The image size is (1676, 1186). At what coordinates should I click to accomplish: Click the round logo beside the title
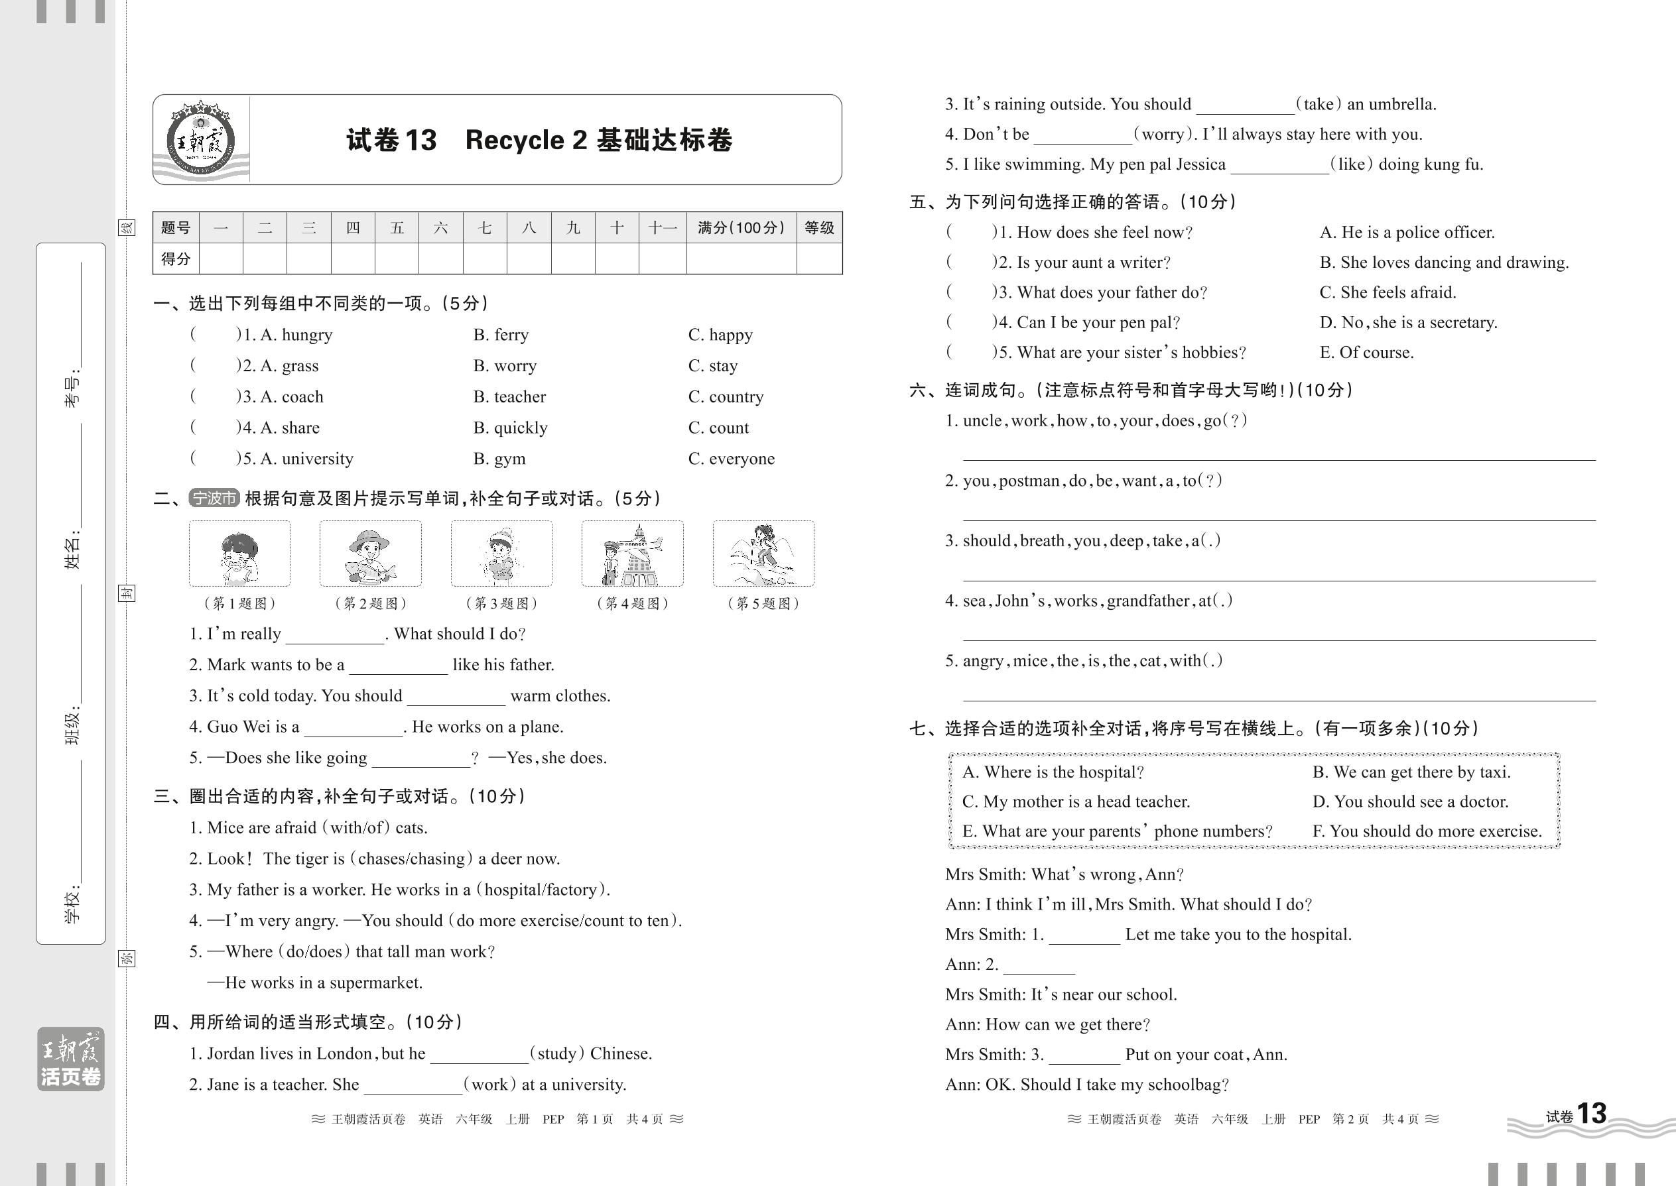tap(202, 139)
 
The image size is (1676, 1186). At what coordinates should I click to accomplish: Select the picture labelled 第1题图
tap(239, 554)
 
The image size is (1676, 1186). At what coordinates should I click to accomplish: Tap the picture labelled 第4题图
tap(633, 554)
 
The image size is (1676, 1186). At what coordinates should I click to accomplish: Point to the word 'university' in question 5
tap(317, 459)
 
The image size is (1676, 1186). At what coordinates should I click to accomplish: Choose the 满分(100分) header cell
tap(741, 228)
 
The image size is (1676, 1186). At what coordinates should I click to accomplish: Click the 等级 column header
tap(819, 228)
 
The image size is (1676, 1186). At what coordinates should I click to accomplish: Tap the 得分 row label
tap(175, 259)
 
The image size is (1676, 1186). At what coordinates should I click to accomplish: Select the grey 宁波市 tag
tap(214, 498)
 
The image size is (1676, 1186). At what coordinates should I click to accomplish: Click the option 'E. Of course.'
tap(1366, 353)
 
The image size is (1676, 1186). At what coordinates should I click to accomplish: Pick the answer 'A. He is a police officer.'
tap(1407, 233)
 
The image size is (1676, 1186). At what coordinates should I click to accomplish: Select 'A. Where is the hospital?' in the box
tap(1053, 772)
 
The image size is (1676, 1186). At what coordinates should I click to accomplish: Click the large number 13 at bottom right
tap(1591, 1114)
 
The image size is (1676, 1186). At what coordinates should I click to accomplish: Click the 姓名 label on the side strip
tap(72, 551)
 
